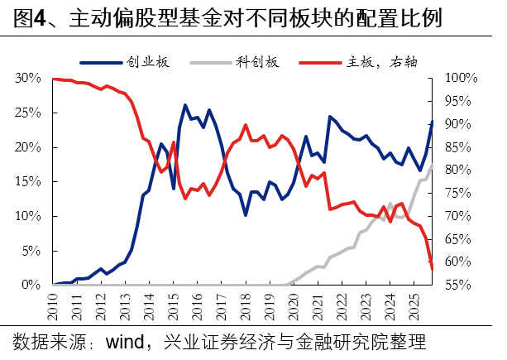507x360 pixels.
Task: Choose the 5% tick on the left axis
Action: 31,250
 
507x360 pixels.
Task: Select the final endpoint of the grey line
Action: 432,164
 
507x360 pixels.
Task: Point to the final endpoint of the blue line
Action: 432,122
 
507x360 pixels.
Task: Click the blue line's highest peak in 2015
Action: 184,105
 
